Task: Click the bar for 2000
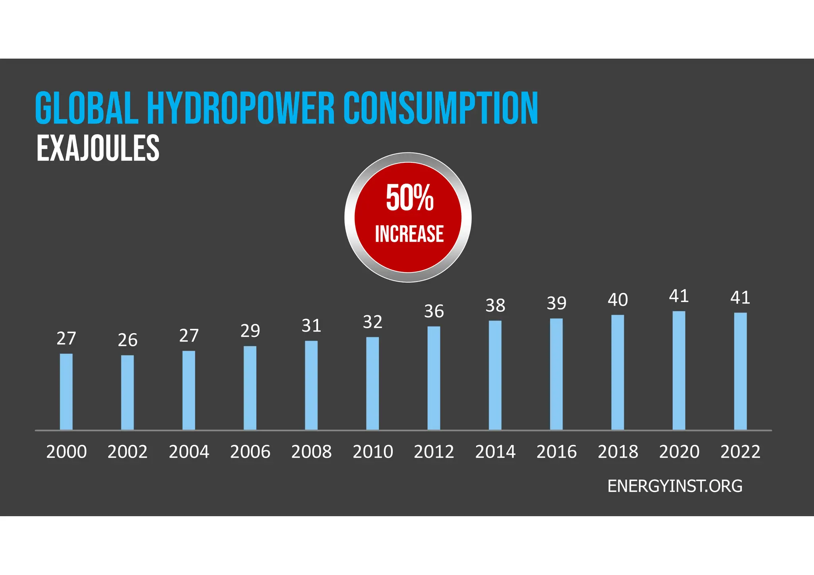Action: [66, 392]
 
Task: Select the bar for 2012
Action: [434, 378]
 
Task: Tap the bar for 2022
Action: [740, 371]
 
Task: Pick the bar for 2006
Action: [250, 388]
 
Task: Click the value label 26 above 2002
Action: [128, 340]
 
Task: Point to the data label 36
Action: [434, 312]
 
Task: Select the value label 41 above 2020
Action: [679, 296]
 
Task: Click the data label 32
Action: [372, 322]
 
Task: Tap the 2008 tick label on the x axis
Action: [311, 452]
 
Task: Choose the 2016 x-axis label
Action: [556, 452]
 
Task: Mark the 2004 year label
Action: [189, 452]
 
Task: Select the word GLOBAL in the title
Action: [87, 108]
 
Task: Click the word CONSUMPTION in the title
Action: [441, 108]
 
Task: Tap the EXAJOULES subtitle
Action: [98, 149]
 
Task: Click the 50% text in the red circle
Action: [409, 198]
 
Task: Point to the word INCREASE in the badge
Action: [409, 234]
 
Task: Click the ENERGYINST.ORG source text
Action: [674, 486]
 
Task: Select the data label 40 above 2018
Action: [618, 300]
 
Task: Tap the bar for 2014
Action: [495, 375]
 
